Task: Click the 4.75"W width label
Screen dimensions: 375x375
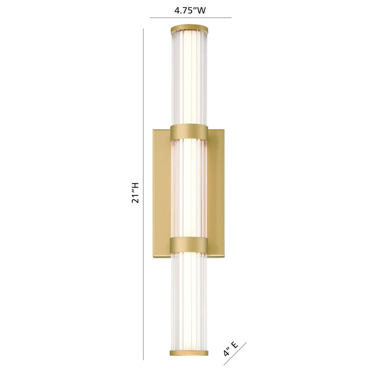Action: [x=190, y=10]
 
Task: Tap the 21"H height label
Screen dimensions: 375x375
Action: [x=135, y=193]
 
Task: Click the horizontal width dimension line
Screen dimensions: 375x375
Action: [x=191, y=17]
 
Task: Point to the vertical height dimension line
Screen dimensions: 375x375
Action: [x=143, y=194]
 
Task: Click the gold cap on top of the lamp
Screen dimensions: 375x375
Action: [x=189, y=28]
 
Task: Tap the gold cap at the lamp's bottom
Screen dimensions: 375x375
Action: [x=189, y=353]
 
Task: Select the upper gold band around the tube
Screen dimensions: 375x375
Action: [x=189, y=131]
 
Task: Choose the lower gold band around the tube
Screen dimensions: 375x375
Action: [x=189, y=244]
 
